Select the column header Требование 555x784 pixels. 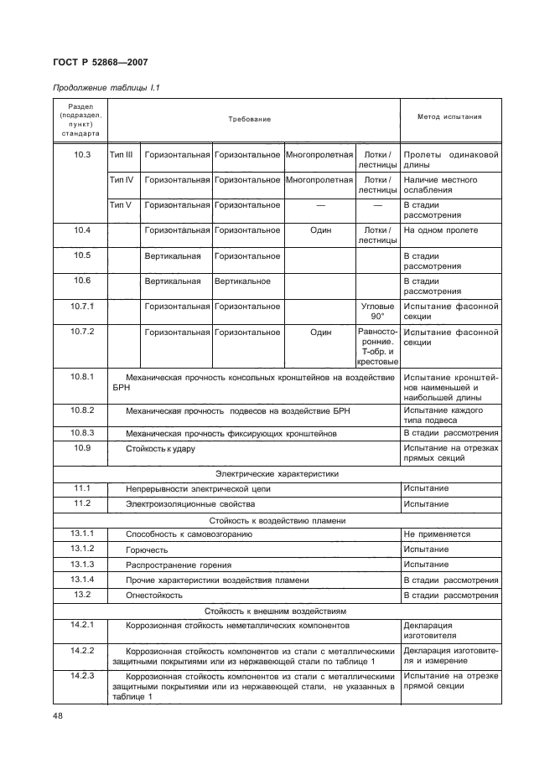coord(250,119)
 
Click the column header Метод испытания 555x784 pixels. coord(449,116)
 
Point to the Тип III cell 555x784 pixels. coord(122,155)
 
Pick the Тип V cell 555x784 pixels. coord(122,204)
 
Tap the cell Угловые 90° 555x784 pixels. coord(376,312)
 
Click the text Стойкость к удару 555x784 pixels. coord(160,449)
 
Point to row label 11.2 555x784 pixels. coord(81,503)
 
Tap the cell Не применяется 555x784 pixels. coord(437,534)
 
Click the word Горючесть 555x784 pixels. coord(147,549)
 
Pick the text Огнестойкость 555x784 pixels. coord(154,595)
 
